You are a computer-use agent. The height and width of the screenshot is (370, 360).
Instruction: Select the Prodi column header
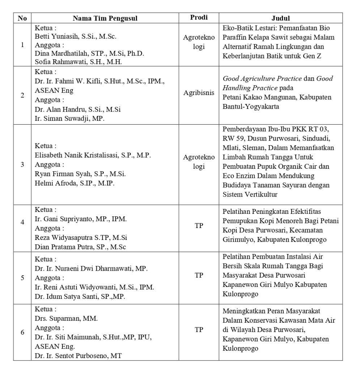pos(199,18)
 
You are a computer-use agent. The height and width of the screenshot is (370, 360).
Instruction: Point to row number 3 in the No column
pos(22,164)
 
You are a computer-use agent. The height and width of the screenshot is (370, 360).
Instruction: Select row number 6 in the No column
pos(22,332)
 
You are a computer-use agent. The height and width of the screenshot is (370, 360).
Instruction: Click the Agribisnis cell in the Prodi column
pos(199,92)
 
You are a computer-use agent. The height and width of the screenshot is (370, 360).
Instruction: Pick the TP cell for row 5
pos(199,275)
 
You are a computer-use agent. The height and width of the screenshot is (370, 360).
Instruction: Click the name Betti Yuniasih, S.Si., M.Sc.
pos(75,36)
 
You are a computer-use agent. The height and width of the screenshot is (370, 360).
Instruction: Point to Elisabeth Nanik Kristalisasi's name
pos(93,156)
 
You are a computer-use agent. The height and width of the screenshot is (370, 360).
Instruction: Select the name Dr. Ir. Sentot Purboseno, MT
pos(78,356)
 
